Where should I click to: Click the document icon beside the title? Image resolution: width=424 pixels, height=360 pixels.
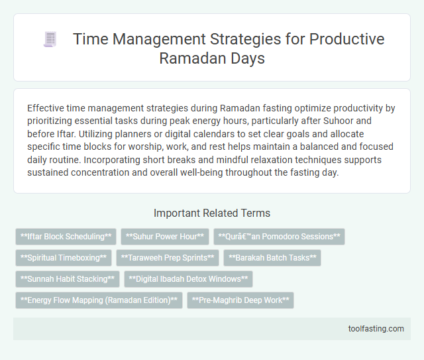[x=50, y=40]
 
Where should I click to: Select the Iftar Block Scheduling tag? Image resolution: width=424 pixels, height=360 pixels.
[x=66, y=237]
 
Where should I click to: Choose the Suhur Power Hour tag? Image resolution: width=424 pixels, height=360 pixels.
[x=164, y=237]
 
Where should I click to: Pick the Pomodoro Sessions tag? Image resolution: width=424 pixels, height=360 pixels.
[x=279, y=237]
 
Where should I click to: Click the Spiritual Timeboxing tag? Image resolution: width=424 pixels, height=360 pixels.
[x=64, y=258]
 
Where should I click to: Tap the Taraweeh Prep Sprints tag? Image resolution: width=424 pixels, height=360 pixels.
[x=168, y=258]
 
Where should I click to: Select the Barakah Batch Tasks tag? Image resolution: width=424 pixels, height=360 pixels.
[x=272, y=258]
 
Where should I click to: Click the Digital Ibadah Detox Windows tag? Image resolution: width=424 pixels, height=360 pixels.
[x=188, y=279]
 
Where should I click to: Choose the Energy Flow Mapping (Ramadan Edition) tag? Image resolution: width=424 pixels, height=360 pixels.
[x=99, y=300]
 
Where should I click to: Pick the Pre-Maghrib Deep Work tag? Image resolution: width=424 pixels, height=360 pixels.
[x=240, y=300]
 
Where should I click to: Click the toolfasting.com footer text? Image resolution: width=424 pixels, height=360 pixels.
[x=375, y=328]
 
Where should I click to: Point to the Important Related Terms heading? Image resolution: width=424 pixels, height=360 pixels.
[x=211, y=213]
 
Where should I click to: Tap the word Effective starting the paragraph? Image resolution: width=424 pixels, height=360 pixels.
[x=47, y=108]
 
